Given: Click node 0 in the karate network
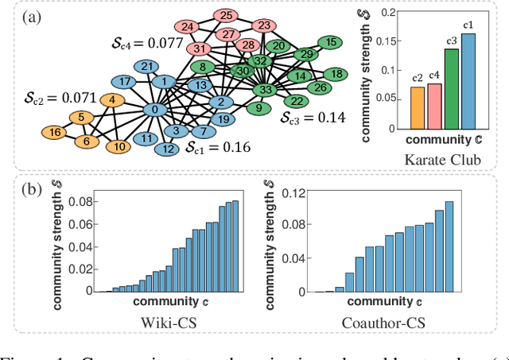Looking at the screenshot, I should (154, 109).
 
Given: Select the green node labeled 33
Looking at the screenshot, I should (266, 90).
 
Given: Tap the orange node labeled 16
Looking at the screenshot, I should (55, 132).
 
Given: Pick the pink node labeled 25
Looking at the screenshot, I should (226, 15).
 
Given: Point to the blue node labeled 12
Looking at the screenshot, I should (168, 149).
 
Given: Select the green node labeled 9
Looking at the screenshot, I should (258, 107).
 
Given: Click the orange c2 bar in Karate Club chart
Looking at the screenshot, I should (417, 107).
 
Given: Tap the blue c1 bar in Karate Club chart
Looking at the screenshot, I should (468, 81).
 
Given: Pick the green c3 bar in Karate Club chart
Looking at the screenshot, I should (451, 88).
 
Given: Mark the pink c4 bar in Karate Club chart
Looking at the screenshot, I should (434, 106).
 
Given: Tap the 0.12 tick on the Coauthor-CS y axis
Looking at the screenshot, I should (295, 193).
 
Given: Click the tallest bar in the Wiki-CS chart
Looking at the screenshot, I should (235, 246).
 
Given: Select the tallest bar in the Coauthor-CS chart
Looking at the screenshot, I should (449, 247).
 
